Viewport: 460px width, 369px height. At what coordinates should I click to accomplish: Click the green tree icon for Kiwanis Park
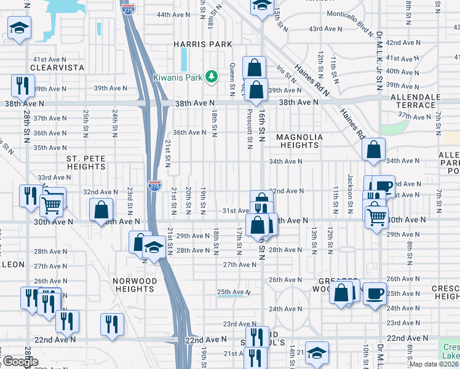pyautogui.click(x=212, y=76)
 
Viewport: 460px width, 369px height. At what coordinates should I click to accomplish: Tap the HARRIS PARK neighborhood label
pyautogui.click(x=202, y=44)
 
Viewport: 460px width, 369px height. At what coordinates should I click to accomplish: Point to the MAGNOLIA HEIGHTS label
pyautogui.click(x=298, y=141)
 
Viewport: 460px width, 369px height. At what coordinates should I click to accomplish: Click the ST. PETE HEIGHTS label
pyautogui.click(x=86, y=163)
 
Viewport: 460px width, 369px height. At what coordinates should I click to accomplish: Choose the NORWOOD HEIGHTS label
pyautogui.click(x=134, y=285)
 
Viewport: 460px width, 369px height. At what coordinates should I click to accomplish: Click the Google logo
pyautogui.click(x=20, y=362)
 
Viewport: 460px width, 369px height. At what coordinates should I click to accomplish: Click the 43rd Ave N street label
pyautogui.click(x=325, y=29)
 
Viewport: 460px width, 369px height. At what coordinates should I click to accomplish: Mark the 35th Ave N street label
pyautogui.click(x=49, y=148)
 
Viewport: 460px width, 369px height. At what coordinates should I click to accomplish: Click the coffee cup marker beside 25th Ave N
pyautogui.click(x=374, y=293)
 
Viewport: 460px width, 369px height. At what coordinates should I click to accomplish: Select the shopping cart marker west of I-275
pyautogui.click(x=52, y=202)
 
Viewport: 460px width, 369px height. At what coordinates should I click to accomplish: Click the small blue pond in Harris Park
pyautogui.click(x=184, y=59)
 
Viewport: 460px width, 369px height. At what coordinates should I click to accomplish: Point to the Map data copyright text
pyautogui.click(x=434, y=364)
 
